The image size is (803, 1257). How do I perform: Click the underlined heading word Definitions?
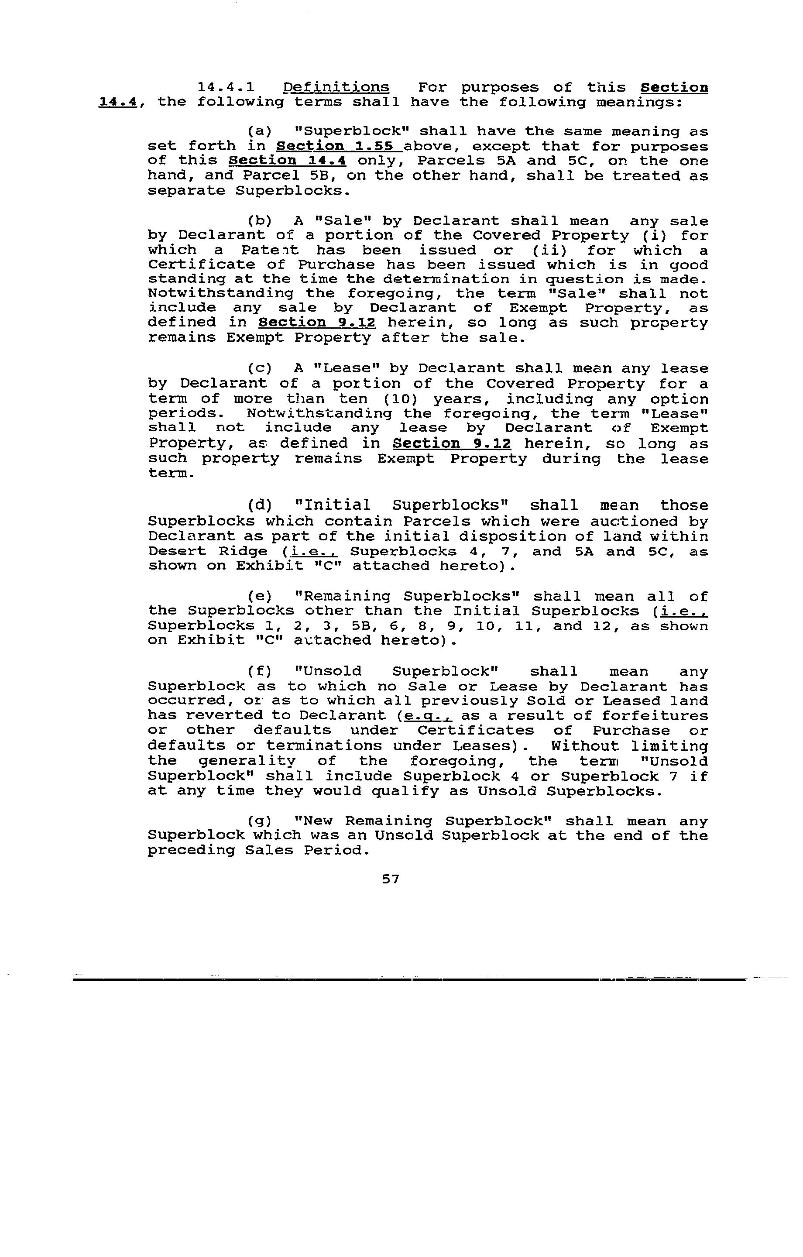(336, 87)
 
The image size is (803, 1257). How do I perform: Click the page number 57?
(391, 879)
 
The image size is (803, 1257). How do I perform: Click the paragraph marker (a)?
(260, 131)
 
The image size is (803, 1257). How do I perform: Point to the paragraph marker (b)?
(260, 221)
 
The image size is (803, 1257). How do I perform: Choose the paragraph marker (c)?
(260, 368)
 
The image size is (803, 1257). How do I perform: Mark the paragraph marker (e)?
(260, 596)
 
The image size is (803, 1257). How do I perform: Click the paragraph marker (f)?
(260, 671)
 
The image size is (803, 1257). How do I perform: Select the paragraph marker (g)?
(260, 822)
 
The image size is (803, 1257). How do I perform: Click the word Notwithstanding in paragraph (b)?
(220, 293)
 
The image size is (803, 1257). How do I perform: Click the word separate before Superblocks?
(186, 191)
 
